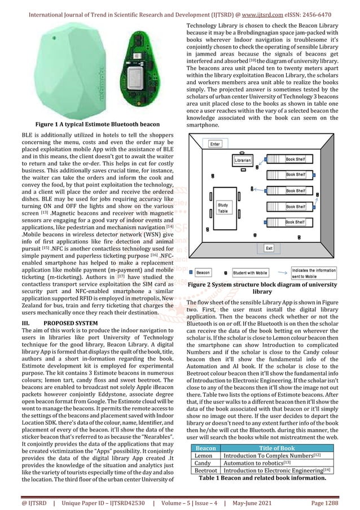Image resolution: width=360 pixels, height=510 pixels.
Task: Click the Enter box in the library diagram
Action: [x=215, y=145]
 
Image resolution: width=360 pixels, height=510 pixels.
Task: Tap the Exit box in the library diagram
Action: [x=270, y=248]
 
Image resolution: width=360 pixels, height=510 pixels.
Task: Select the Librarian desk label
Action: [x=244, y=160]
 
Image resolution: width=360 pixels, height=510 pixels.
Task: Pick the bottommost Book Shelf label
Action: [x=296, y=223]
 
